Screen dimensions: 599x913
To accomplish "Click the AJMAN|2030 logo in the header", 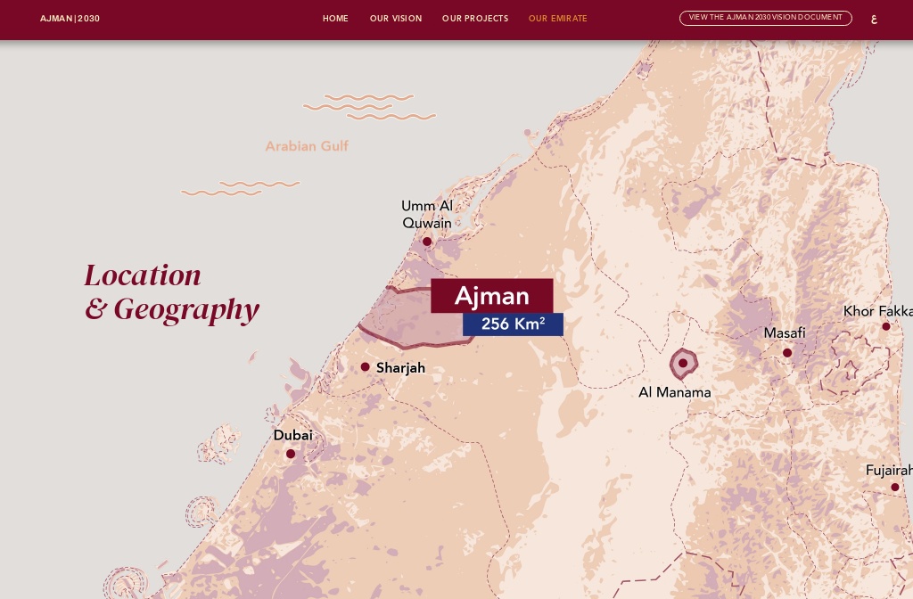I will tap(70, 19).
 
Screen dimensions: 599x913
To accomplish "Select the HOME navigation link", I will tap(335, 19).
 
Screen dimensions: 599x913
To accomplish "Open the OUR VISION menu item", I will tap(396, 19).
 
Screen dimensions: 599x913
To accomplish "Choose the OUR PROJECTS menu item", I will tap(475, 19).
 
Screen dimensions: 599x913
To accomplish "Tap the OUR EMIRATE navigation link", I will tap(558, 19).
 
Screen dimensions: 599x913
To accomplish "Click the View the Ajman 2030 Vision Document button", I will tap(765, 18).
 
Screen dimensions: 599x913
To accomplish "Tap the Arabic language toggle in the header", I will tap(874, 19).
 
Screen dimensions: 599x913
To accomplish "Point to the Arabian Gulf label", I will tap(307, 146).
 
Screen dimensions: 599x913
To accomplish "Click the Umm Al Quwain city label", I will tap(427, 214).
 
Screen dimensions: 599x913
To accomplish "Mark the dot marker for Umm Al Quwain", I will tap(427, 242).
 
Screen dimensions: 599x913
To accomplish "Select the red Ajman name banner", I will tap(491, 296).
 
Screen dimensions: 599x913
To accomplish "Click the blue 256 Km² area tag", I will tap(513, 324).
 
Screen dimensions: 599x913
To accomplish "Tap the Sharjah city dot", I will tap(366, 367).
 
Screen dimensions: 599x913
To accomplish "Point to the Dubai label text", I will tap(292, 436).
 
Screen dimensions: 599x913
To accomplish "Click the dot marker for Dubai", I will tap(291, 454).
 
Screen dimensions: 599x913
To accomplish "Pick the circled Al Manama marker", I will tap(683, 363).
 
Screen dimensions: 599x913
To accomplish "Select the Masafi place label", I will tap(785, 333).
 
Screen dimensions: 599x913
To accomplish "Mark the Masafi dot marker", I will tap(787, 353).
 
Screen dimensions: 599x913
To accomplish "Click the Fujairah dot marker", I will tap(895, 488).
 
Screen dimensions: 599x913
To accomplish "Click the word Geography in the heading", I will tap(186, 309).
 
